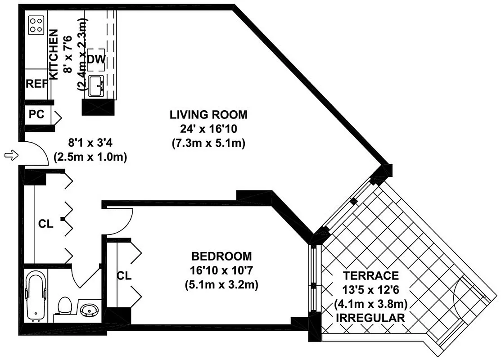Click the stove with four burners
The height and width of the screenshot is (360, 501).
(36, 25)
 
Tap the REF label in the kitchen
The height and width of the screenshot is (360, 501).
(36, 84)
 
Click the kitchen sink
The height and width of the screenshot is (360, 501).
(96, 86)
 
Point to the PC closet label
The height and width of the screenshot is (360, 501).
(36, 115)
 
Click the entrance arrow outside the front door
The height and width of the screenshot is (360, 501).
(10, 155)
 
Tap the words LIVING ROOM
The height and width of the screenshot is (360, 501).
(208, 114)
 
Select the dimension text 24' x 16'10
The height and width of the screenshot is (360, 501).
(208, 129)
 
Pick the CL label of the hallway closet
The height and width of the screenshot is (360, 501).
(46, 224)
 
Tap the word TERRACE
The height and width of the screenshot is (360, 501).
(370, 275)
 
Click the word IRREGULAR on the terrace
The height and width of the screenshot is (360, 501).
(370, 318)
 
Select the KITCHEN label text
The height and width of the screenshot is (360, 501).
(54, 54)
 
